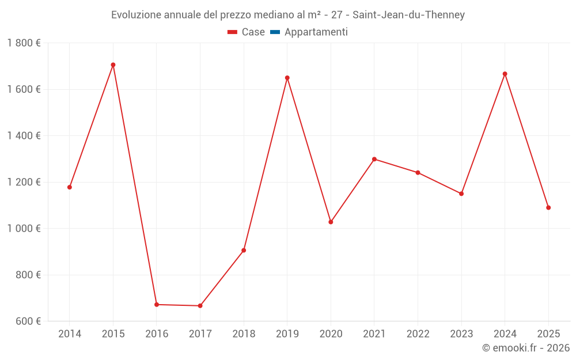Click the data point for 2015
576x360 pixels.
[x=113, y=65]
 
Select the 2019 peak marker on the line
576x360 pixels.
[x=287, y=78]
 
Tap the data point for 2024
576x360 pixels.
[x=505, y=74]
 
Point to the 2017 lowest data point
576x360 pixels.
[x=200, y=306]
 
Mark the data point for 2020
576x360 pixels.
[x=331, y=222]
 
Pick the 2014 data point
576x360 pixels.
[x=70, y=187]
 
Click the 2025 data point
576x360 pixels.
[x=548, y=207]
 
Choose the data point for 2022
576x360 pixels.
[x=418, y=173]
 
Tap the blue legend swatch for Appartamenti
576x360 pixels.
[x=275, y=32]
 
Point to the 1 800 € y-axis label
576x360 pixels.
[x=24, y=43]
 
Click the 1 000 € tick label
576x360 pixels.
[x=24, y=229]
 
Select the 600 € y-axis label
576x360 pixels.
[x=28, y=321]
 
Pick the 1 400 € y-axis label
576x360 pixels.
[x=24, y=136]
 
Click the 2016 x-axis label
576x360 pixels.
[x=157, y=334]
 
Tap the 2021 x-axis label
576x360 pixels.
[x=374, y=334]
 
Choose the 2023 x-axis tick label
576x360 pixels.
[x=461, y=334]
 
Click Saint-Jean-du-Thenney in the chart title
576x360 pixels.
[x=410, y=15]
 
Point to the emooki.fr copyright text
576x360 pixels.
[x=525, y=348]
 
